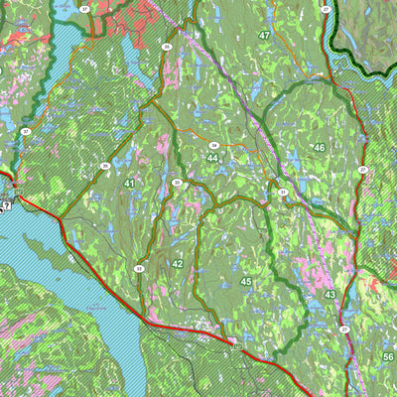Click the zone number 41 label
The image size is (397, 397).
coord(130,184)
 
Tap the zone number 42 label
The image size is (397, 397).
coord(177,264)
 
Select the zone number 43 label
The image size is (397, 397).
coord(329,296)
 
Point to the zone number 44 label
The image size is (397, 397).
coord(213,158)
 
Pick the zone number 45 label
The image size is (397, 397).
coord(245,283)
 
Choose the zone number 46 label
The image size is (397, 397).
coord(319,148)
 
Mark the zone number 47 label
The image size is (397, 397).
coord(264,35)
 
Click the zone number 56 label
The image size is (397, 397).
coord(388,357)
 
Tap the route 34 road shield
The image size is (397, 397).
coord(213,146)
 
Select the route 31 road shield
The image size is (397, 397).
coord(283,193)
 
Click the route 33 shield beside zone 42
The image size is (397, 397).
coord(139,269)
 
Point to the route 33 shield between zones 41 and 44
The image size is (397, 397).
coord(177,183)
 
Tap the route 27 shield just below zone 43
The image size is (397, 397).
coord(344,329)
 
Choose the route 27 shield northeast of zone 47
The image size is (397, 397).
coord(326,9)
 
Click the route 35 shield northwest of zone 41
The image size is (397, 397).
coord(104,166)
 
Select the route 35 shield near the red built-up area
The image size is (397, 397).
coord(167,47)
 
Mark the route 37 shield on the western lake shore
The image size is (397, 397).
coord(26,131)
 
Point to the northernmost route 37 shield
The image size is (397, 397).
coord(84,9)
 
